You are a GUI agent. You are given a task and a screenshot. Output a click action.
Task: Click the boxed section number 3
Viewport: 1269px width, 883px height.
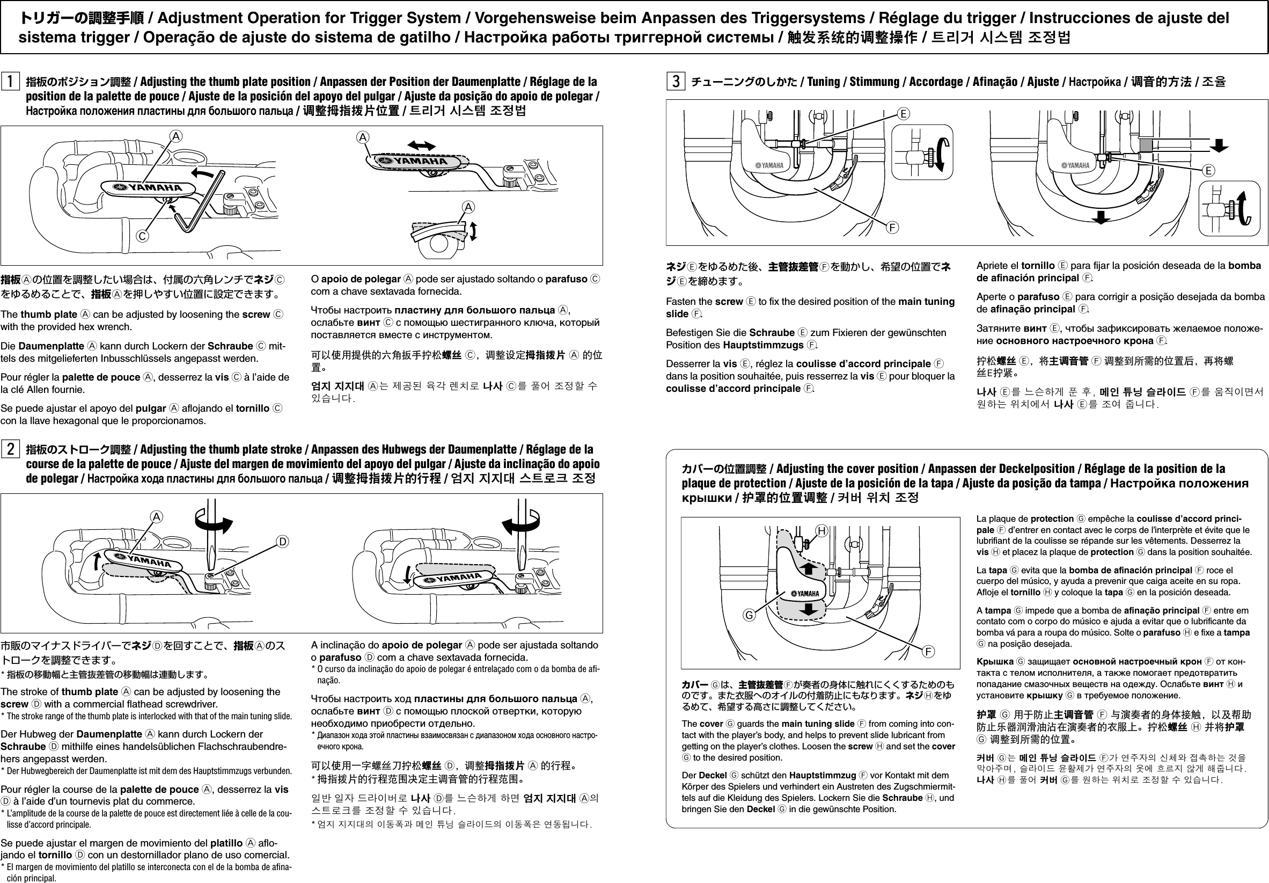click(x=676, y=81)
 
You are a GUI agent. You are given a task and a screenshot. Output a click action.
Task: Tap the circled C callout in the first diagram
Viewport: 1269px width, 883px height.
click(x=143, y=236)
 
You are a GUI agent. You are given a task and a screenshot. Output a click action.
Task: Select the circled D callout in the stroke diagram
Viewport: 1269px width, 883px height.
click(x=282, y=541)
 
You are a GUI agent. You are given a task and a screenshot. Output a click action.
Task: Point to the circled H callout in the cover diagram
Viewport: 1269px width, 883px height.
click(x=822, y=531)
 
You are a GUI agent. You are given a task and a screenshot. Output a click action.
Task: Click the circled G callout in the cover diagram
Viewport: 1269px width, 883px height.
click(x=749, y=615)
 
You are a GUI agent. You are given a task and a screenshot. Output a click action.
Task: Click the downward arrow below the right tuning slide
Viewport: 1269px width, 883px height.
click(x=1101, y=217)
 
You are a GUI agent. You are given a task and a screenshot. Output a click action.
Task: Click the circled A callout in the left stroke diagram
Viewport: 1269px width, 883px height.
click(x=157, y=517)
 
